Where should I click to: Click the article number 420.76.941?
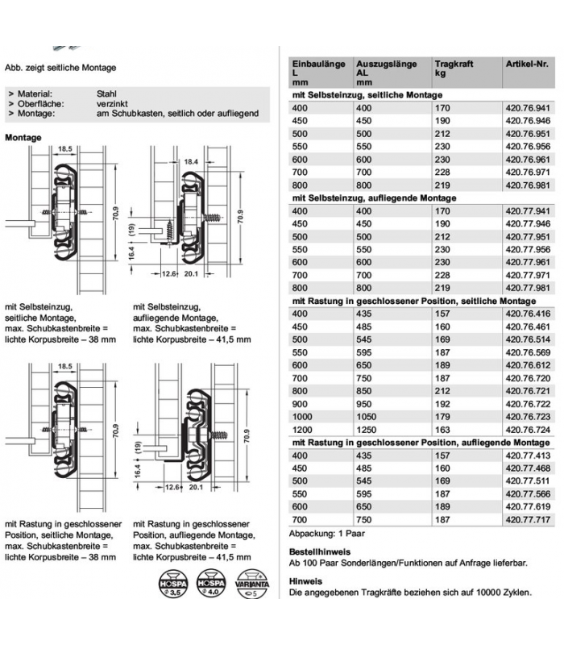526,109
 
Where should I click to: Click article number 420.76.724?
526,430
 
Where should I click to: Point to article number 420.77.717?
526,521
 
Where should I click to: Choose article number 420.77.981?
526,288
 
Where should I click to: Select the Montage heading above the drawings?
23,138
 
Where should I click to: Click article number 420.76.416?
526,314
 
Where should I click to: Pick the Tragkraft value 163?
442,430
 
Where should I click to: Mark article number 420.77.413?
526,456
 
